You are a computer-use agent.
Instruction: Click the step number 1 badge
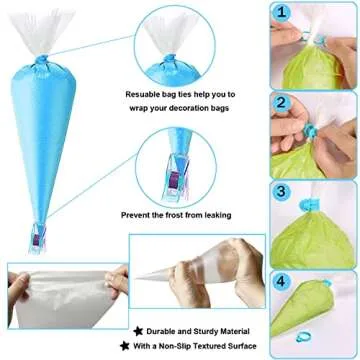283,15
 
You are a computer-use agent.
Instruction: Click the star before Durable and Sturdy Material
136,326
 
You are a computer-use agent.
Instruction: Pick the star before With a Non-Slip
136,345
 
